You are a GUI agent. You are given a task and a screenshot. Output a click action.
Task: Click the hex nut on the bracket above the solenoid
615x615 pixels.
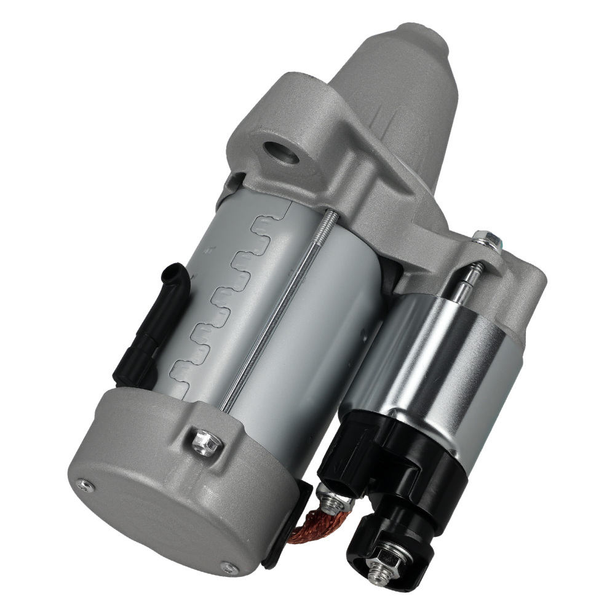(x=482, y=237)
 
